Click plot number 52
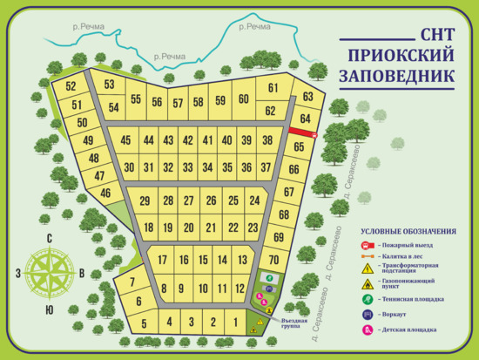pyautogui.click(x=71, y=86)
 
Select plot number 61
pyautogui.click(x=273, y=88)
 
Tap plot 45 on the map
pyautogui.click(x=126, y=140)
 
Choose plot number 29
pyautogui.click(x=145, y=201)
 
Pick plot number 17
pyautogui.click(x=162, y=260)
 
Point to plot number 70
pyautogui.click(x=273, y=260)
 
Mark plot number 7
pyautogui.click(x=132, y=282)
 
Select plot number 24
pyautogui.click(x=254, y=200)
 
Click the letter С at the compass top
pyautogui.click(x=50, y=239)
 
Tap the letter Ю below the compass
pyautogui.click(x=50, y=310)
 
